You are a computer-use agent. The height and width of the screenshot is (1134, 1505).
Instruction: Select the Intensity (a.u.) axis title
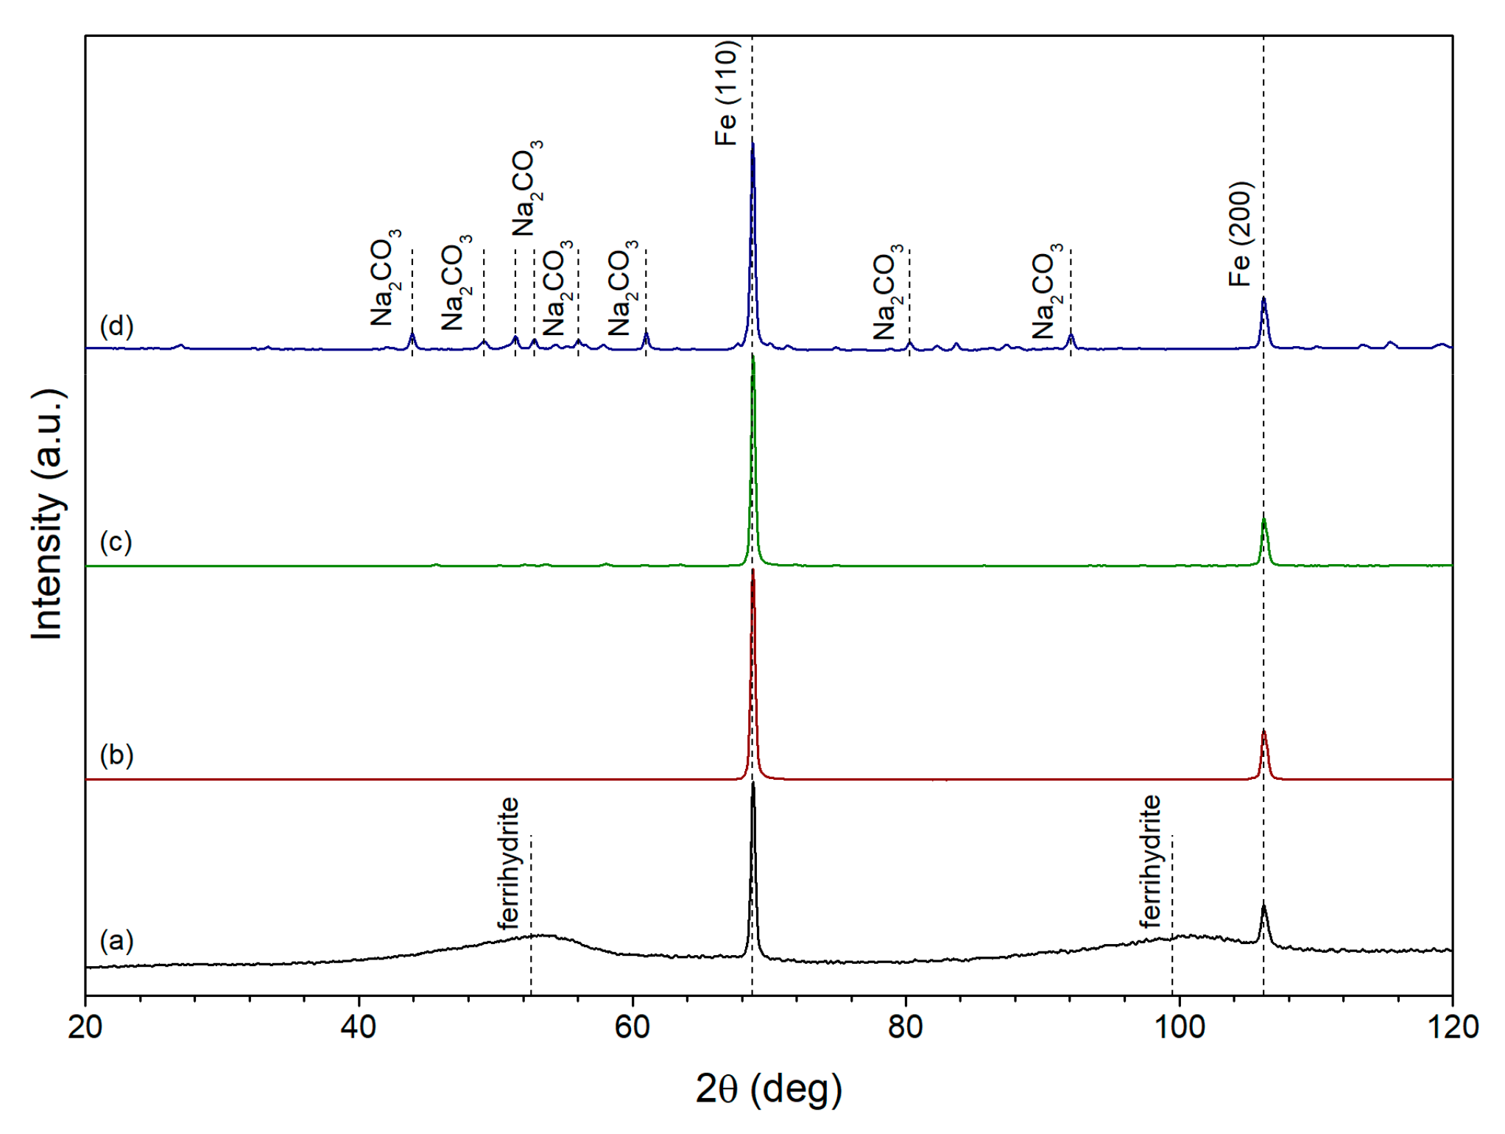point(48,514)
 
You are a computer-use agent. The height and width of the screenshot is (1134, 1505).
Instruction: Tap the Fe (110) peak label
point(726,93)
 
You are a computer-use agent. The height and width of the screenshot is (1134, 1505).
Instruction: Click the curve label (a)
point(116,940)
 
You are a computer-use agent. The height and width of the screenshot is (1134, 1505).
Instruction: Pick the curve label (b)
point(116,755)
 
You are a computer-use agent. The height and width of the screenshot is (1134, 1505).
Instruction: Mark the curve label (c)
point(116,542)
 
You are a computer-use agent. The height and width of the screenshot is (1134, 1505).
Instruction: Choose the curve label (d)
point(116,325)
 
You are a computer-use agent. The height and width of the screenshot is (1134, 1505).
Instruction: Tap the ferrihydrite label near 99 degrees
point(1151,862)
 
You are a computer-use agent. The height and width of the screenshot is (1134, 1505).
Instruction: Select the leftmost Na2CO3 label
point(385,278)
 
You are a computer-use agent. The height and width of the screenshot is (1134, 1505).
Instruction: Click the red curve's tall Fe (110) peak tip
point(752,571)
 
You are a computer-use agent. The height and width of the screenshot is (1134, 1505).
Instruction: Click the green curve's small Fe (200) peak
point(1263,521)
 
